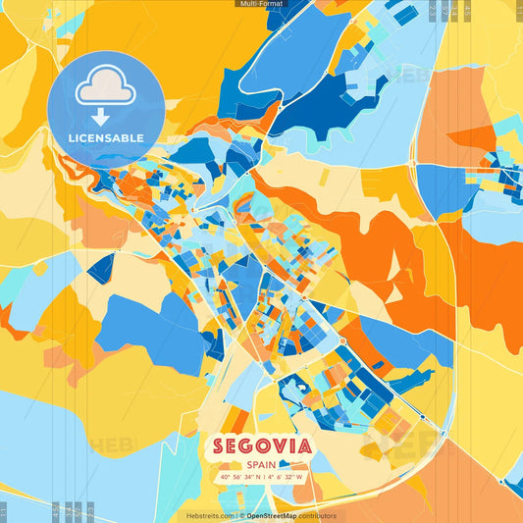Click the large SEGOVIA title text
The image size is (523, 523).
point(261,446)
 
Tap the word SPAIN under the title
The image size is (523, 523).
point(261,465)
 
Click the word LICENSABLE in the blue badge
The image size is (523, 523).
point(106,138)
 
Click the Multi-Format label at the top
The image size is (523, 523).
point(261,4)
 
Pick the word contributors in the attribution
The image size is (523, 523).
point(317,515)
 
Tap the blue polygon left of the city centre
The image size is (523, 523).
point(147,319)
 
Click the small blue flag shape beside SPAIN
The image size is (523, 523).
point(290,464)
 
